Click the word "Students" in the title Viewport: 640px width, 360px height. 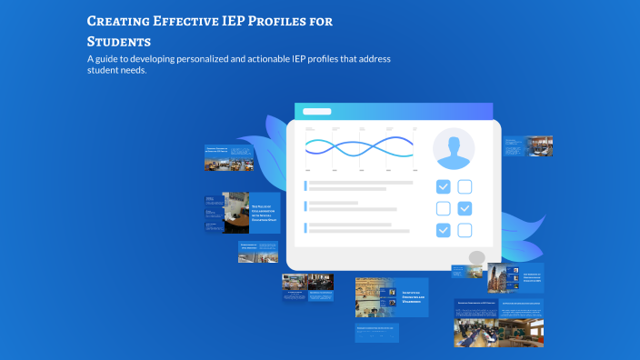tap(118, 42)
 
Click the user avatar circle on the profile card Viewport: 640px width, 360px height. tap(454, 149)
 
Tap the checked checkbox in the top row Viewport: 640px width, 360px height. tap(443, 187)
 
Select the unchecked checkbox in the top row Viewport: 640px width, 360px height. tap(465, 187)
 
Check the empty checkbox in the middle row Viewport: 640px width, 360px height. tap(443, 209)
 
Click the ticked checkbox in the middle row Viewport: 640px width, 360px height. tap(465, 209)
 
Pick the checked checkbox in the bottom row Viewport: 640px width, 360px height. tap(443, 230)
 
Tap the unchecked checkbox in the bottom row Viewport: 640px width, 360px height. tap(465, 230)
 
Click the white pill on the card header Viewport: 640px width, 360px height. tap(316, 112)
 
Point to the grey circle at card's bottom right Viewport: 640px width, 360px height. tap(477, 258)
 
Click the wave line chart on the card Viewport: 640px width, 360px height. tap(360, 147)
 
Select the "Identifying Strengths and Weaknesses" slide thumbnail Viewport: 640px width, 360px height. tap(392, 297)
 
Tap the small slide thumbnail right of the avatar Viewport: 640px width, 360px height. tap(528, 146)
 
